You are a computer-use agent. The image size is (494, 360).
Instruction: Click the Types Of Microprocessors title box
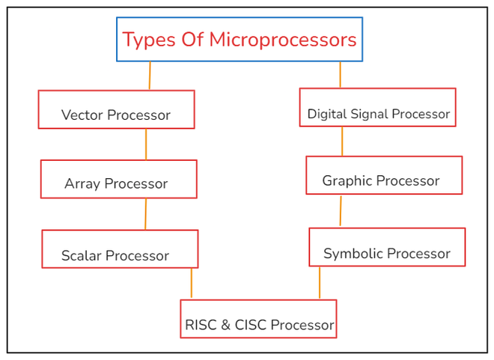click(240, 39)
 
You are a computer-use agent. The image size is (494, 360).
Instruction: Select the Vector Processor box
click(116, 109)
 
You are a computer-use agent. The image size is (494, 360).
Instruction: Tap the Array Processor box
click(118, 179)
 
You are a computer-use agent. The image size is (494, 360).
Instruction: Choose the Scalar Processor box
click(120, 248)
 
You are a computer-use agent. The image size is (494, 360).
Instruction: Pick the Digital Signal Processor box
click(377, 107)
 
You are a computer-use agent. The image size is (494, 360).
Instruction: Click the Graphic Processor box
click(384, 175)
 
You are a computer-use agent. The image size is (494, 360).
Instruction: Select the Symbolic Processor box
click(387, 247)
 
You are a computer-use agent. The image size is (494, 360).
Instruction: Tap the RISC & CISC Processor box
click(258, 319)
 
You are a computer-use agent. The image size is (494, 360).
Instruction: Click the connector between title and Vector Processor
click(150, 76)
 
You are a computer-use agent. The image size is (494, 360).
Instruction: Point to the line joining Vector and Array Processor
click(146, 144)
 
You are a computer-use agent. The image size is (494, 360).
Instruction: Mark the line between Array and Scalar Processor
click(145, 214)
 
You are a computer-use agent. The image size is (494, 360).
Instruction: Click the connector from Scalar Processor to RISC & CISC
click(192, 284)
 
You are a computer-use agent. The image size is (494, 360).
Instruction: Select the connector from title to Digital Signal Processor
click(340, 75)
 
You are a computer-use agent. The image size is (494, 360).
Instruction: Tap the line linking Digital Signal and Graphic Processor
click(342, 141)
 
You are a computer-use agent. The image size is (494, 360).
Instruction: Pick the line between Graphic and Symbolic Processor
click(341, 211)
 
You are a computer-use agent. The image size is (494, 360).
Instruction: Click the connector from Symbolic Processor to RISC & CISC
click(320, 283)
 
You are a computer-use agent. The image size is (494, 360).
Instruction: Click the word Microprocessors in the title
click(282, 40)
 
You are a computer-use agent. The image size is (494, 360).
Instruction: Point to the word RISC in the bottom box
click(201, 326)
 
